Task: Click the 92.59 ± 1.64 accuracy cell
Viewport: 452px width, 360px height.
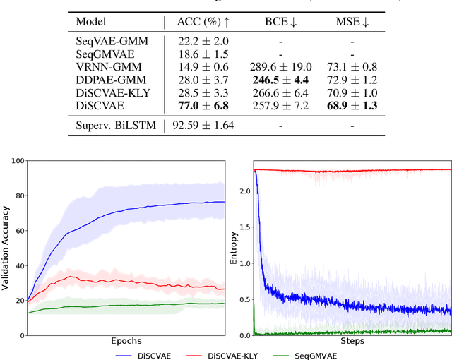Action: pyautogui.click(x=202, y=126)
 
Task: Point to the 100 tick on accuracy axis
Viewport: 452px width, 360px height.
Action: pyautogui.click(x=16, y=162)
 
